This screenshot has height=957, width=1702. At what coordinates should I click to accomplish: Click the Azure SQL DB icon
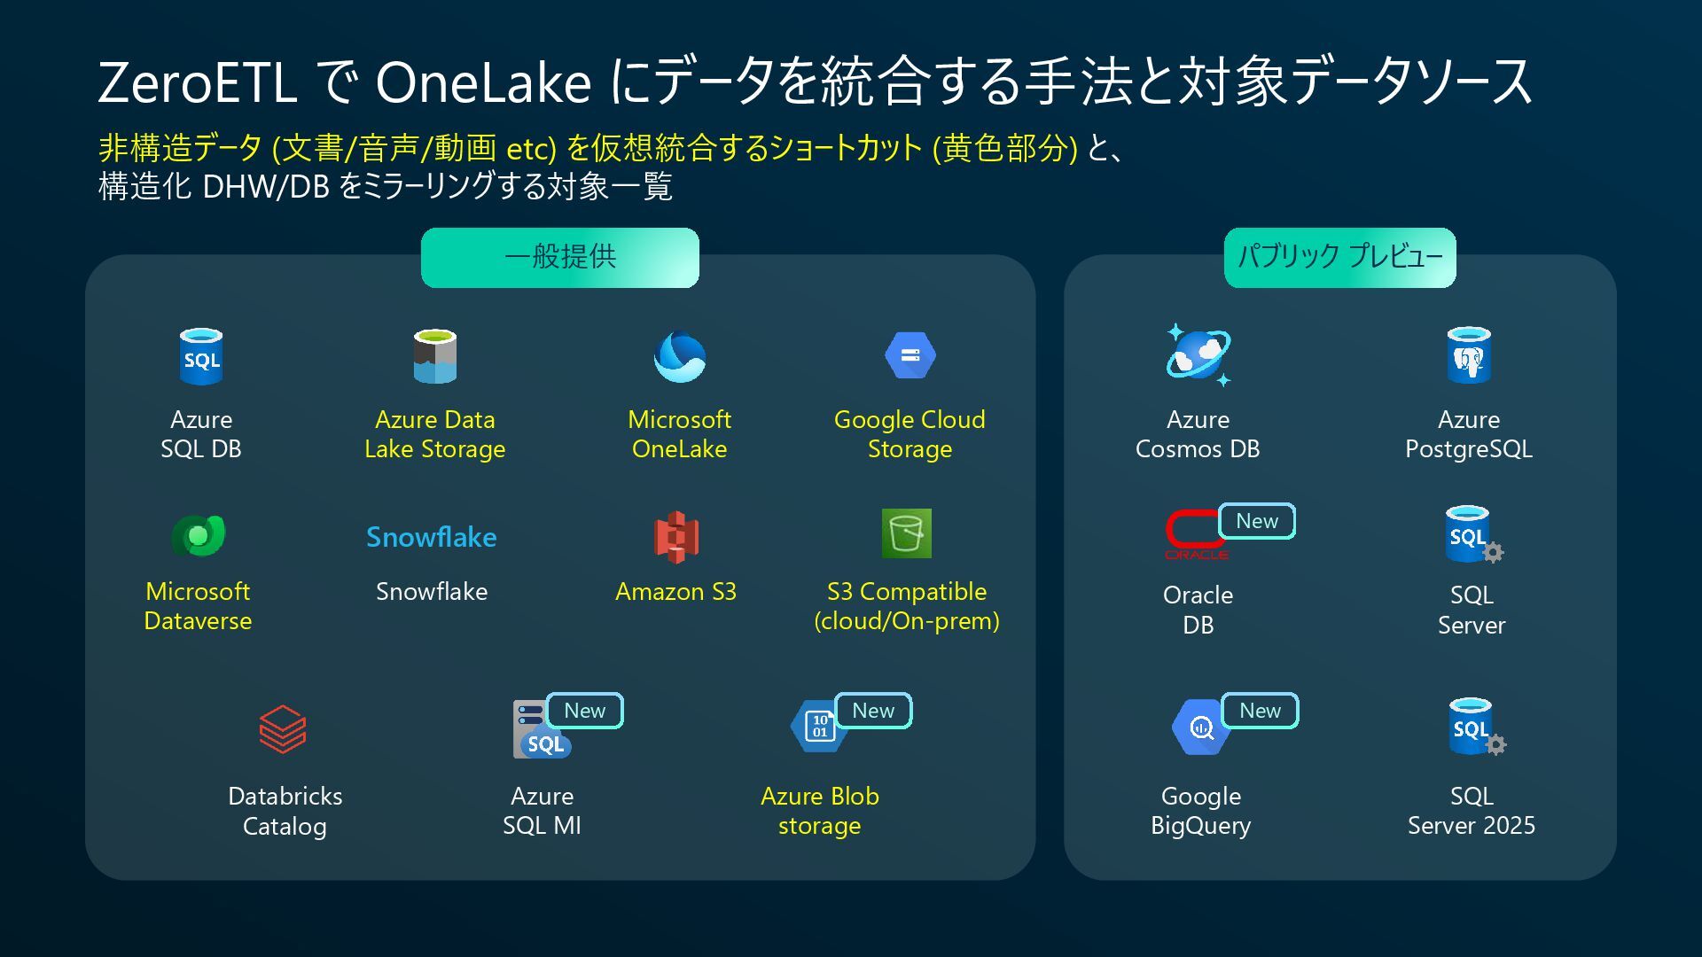pyautogui.click(x=201, y=357)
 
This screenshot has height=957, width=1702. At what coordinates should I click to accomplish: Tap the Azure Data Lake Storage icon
pyautogui.click(x=434, y=356)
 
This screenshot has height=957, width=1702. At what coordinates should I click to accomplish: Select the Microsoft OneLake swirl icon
pyautogui.click(x=680, y=357)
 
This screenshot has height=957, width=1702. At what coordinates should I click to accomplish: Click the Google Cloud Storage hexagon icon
pyautogui.click(x=910, y=356)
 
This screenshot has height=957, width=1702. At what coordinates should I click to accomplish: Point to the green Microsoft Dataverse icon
pyautogui.click(x=199, y=535)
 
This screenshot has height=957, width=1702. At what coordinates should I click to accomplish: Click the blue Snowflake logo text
pyautogui.click(x=432, y=537)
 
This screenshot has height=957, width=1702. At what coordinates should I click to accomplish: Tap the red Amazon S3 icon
pyautogui.click(x=676, y=537)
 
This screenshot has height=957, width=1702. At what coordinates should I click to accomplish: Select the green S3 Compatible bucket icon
pyautogui.click(x=906, y=533)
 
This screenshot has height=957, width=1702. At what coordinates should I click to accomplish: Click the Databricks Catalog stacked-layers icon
pyautogui.click(x=283, y=729)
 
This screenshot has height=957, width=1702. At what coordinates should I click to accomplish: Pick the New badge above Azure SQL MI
pyautogui.click(x=585, y=711)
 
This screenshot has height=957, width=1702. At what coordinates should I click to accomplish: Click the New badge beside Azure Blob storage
pyautogui.click(x=873, y=711)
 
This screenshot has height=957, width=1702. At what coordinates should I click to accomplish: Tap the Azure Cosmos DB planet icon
pyautogui.click(x=1198, y=355)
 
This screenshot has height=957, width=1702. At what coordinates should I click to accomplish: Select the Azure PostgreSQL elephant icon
pyautogui.click(x=1469, y=356)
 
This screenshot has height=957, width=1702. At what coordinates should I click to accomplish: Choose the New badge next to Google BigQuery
pyautogui.click(x=1260, y=711)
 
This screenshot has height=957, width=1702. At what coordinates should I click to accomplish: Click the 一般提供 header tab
pyautogui.click(x=560, y=257)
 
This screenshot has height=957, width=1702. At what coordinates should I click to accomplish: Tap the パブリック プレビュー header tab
pyautogui.click(x=1339, y=257)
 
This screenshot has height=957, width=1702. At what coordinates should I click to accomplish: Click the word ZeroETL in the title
pyautogui.click(x=197, y=82)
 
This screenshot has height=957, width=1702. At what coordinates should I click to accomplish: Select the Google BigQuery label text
pyautogui.click(x=1200, y=811)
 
